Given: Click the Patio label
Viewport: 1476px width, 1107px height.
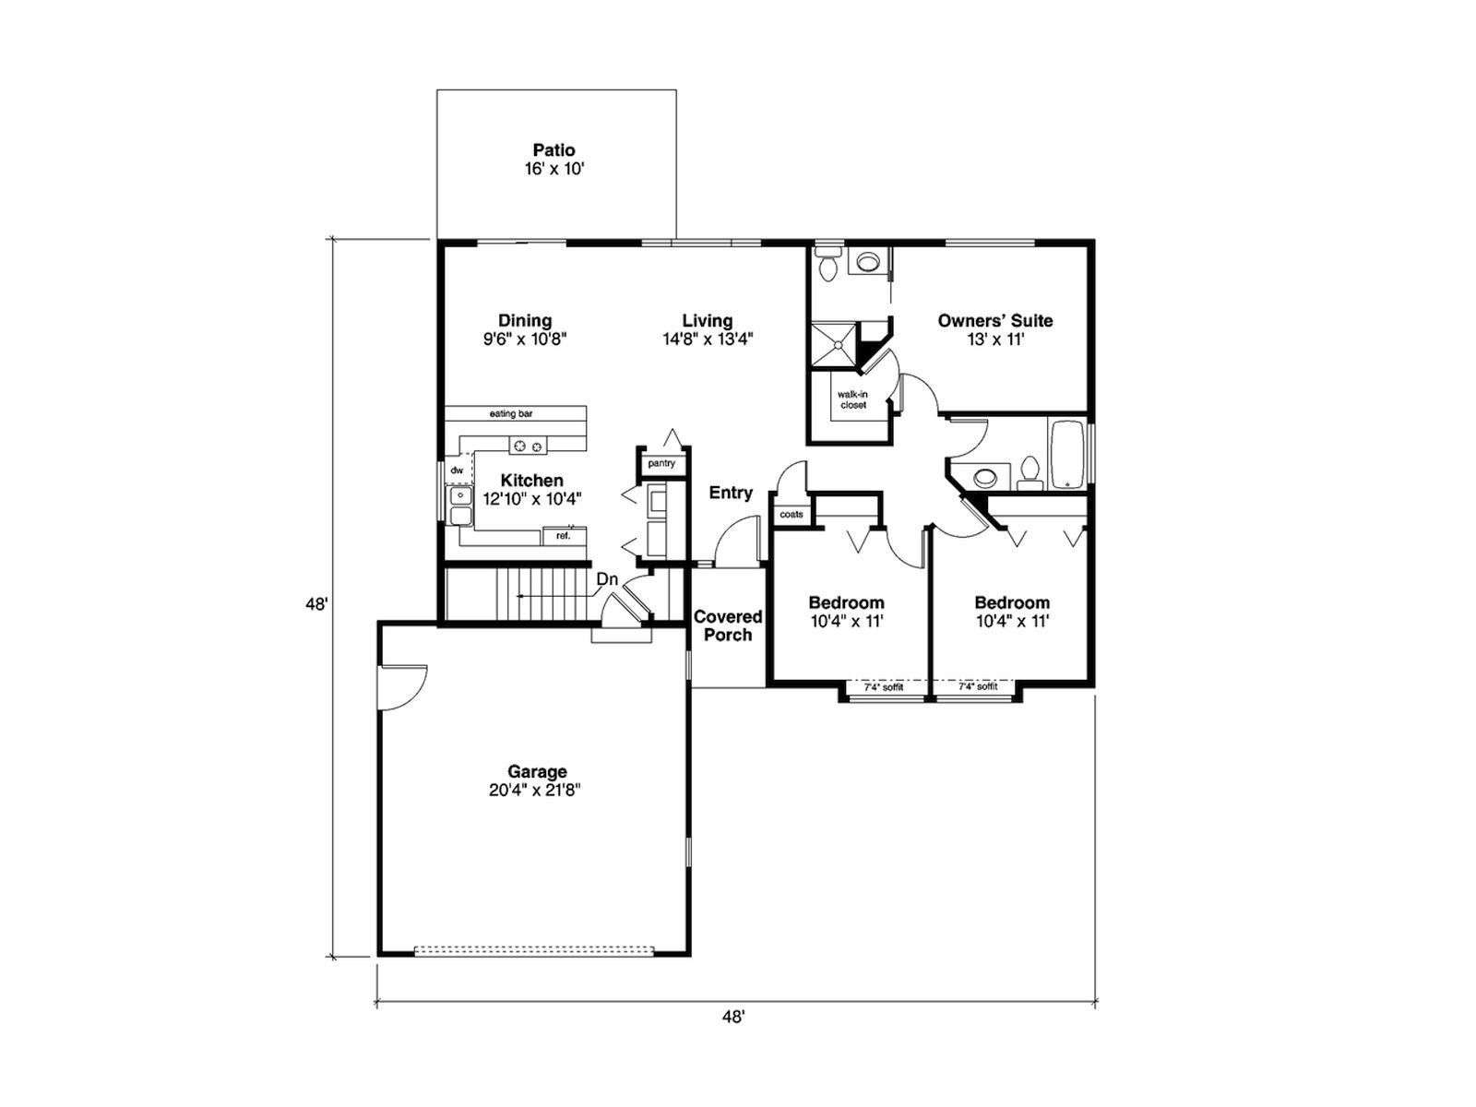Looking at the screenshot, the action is (x=553, y=149).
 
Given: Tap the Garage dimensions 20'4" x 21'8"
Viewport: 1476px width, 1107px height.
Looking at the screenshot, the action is (x=534, y=791).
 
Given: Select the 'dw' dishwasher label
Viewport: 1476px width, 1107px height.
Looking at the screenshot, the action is (x=457, y=470).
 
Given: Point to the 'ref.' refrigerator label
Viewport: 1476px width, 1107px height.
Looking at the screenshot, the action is (x=563, y=536).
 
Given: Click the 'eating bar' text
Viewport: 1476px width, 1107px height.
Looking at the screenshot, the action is (x=511, y=413).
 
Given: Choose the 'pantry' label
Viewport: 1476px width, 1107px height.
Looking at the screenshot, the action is (x=661, y=463).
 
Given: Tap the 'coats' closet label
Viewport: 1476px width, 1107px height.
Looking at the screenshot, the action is (x=792, y=514).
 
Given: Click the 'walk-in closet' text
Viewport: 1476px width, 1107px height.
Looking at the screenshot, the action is (x=852, y=400).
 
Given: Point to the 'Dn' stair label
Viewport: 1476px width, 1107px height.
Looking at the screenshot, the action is (x=606, y=578).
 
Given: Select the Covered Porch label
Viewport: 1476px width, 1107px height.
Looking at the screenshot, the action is (x=728, y=625).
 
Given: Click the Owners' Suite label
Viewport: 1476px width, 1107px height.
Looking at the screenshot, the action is (x=995, y=321).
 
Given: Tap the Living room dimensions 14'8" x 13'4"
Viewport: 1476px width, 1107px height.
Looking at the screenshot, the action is (x=708, y=339).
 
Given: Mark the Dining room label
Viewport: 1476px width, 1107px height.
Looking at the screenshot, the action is (x=525, y=321).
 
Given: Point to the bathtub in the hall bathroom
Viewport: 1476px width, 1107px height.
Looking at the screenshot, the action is (x=1065, y=455).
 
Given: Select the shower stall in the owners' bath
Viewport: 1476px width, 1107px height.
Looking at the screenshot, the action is (x=835, y=344).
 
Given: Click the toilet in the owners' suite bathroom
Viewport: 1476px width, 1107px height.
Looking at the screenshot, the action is (x=827, y=264).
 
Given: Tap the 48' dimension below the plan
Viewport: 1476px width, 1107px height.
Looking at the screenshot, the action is (x=733, y=1036).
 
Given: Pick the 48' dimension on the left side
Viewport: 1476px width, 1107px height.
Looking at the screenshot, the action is (x=316, y=603).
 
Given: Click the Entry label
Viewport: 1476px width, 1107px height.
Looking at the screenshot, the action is (x=731, y=493).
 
